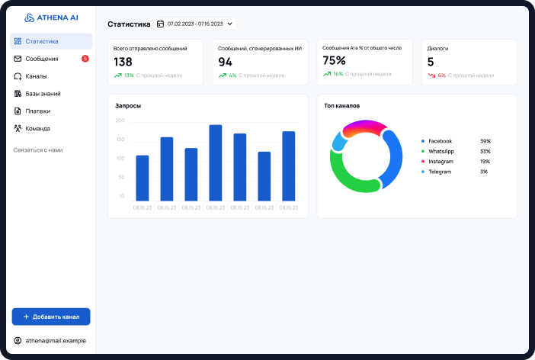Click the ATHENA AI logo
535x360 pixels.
[x=51, y=18]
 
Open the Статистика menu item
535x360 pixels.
[x=41, y=41]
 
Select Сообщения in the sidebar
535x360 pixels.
[x=41, y=59]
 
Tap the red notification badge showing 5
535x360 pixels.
[x=85, y=59]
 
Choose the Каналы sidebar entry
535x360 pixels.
[x=36, y=76]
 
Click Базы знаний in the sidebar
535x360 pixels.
[x=43, y=94]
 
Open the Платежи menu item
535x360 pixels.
[x=38, y=111]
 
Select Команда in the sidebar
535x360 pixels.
[x=38, y=129]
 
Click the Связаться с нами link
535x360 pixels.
[x=38, y=150]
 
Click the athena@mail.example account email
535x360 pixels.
[x=56, y=340]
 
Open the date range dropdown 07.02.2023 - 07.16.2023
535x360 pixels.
[x=196, y=24]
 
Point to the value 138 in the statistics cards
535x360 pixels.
[x=123, y=62]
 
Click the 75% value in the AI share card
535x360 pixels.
[x=334, y=60]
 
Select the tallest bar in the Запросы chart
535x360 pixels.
[x=216, y=162]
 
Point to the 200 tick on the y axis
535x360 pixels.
[x=120, y=121]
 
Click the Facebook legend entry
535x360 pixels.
[x=440, y=141]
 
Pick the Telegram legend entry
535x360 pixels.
[x=439, y=172]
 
